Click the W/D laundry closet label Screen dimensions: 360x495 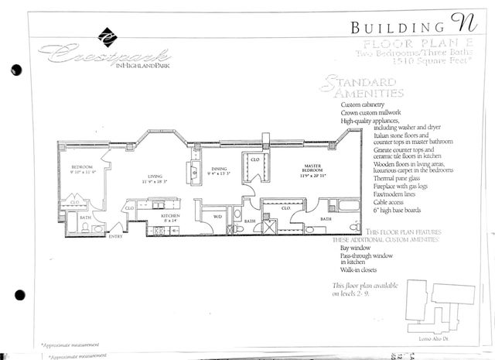point(217,216)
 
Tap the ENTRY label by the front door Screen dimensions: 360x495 point(116,236)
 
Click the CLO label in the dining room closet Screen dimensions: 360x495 point(254,159)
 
